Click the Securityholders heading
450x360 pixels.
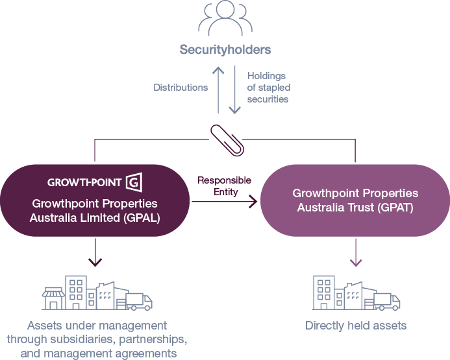click(225, 49)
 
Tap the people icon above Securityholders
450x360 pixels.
click(225, 19)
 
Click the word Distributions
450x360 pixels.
click(181, 87)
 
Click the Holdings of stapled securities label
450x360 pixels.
click(269, 88)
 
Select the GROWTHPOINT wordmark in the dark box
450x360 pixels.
click(84, 182)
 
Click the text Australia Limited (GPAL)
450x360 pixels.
click(95, 218)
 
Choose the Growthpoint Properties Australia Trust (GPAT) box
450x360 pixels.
click(355, 200)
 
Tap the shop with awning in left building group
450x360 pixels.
click(53, 299)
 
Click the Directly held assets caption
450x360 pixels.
click(356, 326)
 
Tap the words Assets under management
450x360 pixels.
click(97, 326)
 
